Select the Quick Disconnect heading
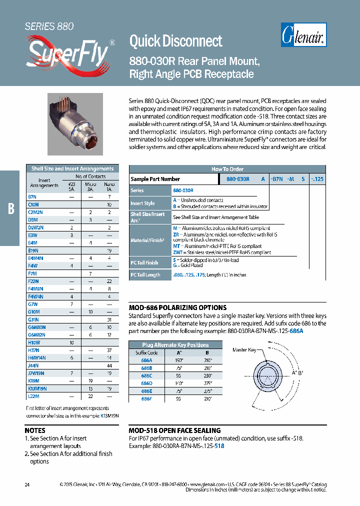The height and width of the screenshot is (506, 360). point(176,40)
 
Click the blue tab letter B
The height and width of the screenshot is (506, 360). point(10,208)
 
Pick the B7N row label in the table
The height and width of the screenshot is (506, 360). point(32,197)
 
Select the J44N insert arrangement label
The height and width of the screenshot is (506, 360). point(33,365)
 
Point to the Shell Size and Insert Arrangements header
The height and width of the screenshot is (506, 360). point(72,168)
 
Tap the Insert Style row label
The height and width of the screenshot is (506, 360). point(142,203)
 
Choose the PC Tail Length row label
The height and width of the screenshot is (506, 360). point(145,275)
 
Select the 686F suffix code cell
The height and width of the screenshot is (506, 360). point(146,398)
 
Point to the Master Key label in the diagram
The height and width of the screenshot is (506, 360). point(244,350)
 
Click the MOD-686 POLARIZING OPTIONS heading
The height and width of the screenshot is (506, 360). point(177,307)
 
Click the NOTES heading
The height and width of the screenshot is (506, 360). point(35,430)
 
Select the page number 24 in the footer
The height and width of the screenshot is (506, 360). point(27,484)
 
